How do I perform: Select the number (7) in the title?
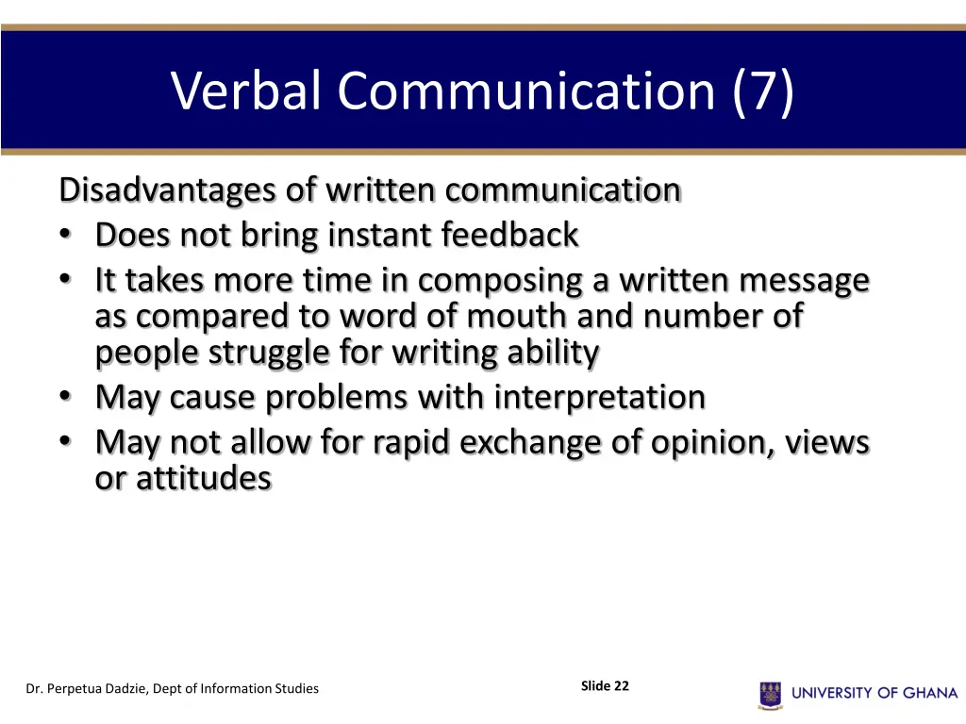coord(761,91)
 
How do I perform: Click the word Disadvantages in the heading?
coord(169,190)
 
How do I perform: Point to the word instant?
coord(381,236)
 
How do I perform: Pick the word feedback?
coord(509,236)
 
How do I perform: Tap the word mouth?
coord(508,317)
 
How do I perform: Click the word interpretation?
coord(600,398)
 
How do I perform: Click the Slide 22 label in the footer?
coord(605,686)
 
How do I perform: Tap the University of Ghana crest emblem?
coord(770,694)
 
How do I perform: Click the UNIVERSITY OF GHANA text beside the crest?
coord(874,693)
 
